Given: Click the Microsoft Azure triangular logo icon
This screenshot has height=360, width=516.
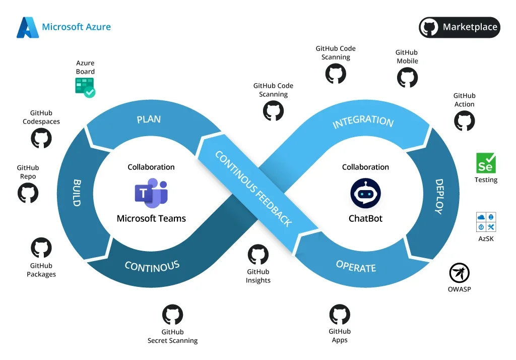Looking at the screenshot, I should coord(28,27).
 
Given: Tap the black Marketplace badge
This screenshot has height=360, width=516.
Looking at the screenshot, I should coord(459,27).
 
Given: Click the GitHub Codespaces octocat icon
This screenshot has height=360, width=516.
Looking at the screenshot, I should coord(41,138).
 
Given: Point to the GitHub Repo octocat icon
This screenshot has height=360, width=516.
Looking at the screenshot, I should coord(28,193).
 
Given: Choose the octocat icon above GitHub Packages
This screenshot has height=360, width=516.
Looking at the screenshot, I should coord(41,248).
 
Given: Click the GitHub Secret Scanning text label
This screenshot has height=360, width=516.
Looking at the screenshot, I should coord(172,336).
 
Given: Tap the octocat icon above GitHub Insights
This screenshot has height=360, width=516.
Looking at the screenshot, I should coord(258,255).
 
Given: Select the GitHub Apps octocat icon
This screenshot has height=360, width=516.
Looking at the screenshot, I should coord(340,315).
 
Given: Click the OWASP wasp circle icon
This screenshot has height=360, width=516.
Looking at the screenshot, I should coord(459,273).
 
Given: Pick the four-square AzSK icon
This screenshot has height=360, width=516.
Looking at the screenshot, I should coord(486,222).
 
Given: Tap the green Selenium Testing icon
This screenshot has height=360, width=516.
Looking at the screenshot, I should coord(486,163).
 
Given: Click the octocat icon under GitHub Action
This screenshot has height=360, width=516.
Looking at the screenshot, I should coord(464,121).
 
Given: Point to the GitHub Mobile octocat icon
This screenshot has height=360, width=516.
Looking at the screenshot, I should coord(407,78).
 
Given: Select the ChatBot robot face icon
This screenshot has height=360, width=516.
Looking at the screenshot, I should coord(365,194).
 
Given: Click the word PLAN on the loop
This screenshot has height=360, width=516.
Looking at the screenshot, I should coord(149,119).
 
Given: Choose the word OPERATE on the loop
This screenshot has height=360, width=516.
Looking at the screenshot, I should coord(356,267).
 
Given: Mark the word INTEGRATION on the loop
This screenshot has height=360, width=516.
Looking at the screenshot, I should coord(363,122).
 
